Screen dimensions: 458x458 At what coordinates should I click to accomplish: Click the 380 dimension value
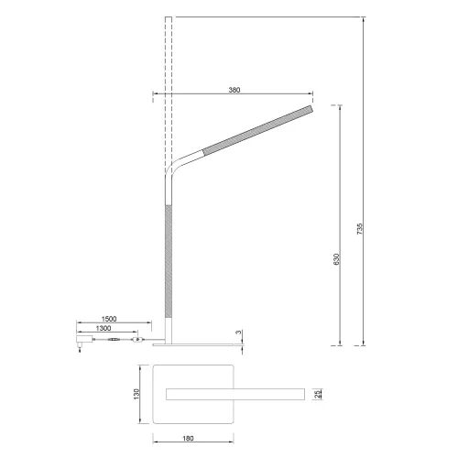point(235,90)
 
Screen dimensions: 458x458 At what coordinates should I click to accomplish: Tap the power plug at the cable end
point(82,343)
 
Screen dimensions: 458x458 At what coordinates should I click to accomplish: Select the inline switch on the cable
point(137,342)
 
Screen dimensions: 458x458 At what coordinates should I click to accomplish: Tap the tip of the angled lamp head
point(308,109)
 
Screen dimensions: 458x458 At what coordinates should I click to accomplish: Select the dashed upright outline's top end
point(168,18)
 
